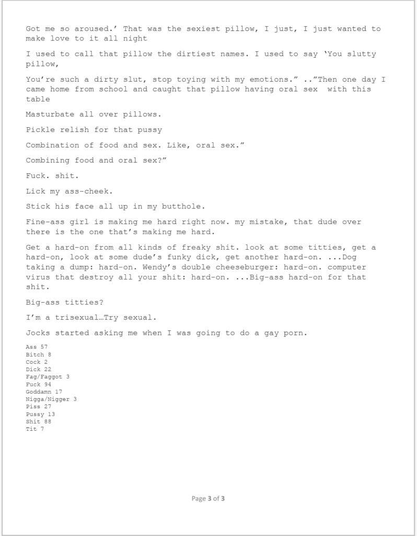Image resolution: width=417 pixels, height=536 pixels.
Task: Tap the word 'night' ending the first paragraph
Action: point(135,38)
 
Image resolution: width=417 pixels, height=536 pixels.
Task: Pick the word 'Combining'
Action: point(46,160)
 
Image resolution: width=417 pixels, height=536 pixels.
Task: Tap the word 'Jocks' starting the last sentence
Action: point(37,333)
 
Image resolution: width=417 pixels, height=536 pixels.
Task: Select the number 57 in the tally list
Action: point(44,347)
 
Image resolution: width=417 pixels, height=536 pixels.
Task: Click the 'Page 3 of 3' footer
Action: point(208,498)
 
